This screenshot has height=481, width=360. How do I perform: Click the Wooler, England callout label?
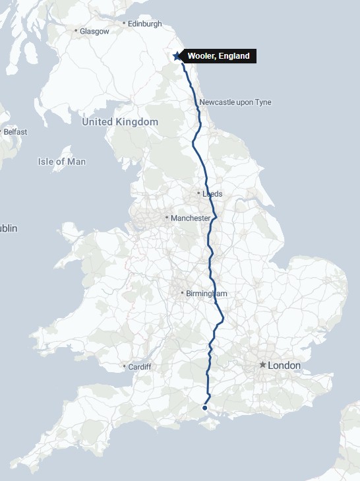[x=218, y=56]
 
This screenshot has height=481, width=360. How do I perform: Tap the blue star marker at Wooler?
[x=177, y=56]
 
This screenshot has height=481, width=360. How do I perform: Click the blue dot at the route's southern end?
[x=205, y=408]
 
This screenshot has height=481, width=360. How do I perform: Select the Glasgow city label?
[x=94, y=31]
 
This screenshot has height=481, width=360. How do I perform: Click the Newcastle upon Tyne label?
[x=235, y=102]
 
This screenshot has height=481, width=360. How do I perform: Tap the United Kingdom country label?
[x=120, y=122]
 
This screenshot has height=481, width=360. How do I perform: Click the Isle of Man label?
[x=62, y=162]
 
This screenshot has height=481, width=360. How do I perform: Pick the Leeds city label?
[x=212, y=194]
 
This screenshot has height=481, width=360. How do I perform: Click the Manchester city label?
[x=190, y=218]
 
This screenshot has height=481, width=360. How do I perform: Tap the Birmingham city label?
[x=206, y=294]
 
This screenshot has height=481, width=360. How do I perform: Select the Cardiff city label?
[x=140, y=367]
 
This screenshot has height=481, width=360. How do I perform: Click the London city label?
[x=284, y=365]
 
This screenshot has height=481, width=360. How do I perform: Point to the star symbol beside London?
[x=262, y=365]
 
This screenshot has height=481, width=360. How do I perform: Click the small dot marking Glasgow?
[x=76, y=31]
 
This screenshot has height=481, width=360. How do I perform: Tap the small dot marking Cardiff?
[x=124, y=367]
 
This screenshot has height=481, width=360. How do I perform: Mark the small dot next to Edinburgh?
[x=124, y=24]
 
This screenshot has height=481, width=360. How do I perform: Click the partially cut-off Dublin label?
[x=9, y=228]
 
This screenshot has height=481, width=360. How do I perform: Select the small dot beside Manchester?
[x=166, y=218]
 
